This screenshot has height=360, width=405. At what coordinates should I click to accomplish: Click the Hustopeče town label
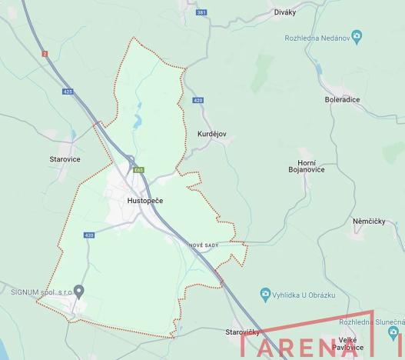pyautogui.click(x=144, y=200)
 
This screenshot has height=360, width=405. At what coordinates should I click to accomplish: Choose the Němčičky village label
pyautogui.click(x=368, y=222)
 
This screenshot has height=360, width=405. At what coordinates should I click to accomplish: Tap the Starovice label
pyautogui.click(x=64, y=159)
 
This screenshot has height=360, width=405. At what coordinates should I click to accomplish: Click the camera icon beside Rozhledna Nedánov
pyautogui.click(x=356, y=36)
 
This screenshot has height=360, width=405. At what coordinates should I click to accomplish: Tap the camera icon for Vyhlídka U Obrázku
pyautogui.click(x=265, y=293)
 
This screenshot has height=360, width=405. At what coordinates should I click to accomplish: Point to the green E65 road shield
pyautogui.click(x=138, y=169)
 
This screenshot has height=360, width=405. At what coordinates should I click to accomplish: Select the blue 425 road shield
pyautogui.click(x=68, y=92)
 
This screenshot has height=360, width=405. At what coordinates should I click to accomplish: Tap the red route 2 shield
pyautogui.click(x=45, y=53)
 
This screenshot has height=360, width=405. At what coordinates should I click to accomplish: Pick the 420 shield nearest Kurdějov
pyautogui.click(x=198, y=100)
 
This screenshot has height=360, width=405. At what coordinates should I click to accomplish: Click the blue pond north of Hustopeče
pyautogui.click(x=138, y=120)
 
